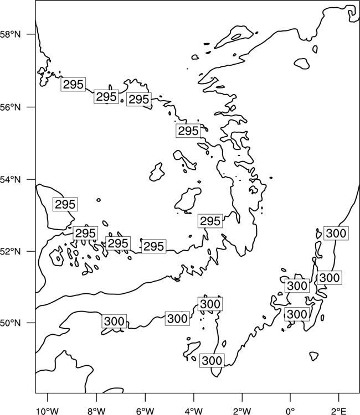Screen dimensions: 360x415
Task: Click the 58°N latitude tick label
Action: (x=11, y=34)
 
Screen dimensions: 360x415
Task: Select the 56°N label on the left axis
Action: (x=11, y=107)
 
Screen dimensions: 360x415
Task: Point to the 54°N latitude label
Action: (x=11, y=180)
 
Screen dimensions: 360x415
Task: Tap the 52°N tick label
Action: (x=11, y=251)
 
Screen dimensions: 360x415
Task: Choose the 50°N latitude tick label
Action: (x=11, y=323)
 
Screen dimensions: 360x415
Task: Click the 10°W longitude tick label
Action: (x=48, y=411)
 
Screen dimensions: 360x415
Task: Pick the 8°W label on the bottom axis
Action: (x=96, y=411)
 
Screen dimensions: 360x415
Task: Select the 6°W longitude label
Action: (x=145, y=411)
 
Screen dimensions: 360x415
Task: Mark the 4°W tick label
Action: (x=193, y=411)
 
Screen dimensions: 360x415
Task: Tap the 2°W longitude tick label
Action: (x=242, y=411)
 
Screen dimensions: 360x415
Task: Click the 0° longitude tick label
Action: (x=290, y=411)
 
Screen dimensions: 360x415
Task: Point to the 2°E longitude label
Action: (x=339, y=411)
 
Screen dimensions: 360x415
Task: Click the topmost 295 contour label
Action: (x=73, y=85)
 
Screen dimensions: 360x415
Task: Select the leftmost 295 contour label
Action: (x=65, y=204)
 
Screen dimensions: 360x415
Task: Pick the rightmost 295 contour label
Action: (x=210, y=221)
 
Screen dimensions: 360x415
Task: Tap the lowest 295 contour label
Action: (x=153, y=246)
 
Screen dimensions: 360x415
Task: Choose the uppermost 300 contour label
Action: (x=336, y=233)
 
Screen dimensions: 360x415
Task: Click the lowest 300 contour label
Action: (x=212, y=360)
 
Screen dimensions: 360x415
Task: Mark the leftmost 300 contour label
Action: (x=114, y=321)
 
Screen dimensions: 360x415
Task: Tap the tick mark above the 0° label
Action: (x=290, y=396)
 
